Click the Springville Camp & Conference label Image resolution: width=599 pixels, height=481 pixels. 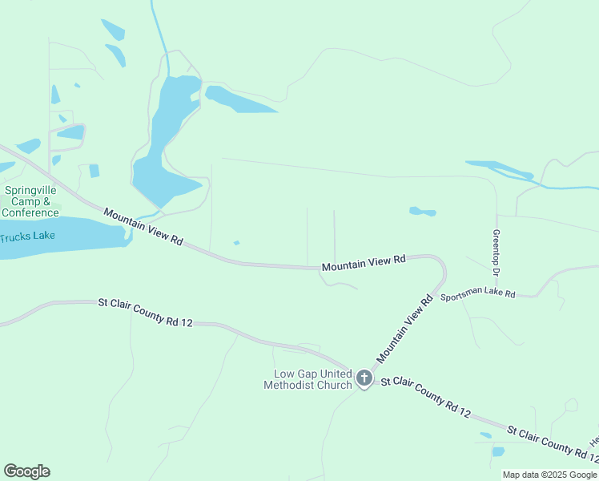coord(30,201)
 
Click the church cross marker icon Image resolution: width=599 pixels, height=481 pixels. coord(364,378)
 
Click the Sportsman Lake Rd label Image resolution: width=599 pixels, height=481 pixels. coord(477,293)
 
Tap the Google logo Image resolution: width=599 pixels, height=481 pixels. coord(26,471)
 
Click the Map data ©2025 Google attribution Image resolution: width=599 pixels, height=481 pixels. coord(550,475)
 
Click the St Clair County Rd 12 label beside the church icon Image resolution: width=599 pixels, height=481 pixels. coord(424,398)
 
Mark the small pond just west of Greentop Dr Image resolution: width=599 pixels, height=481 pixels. coord(422,212)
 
